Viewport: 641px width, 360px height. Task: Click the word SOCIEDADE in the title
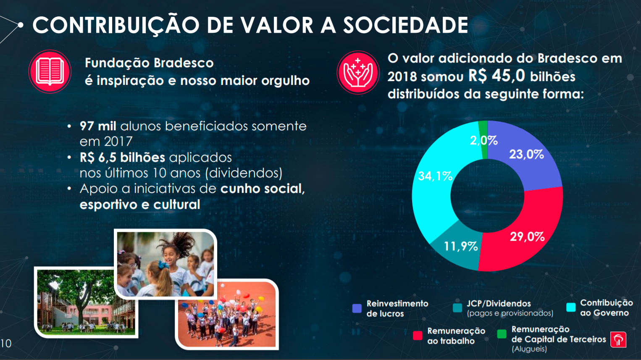405,25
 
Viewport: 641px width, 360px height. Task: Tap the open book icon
50,71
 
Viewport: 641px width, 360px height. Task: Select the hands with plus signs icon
358,73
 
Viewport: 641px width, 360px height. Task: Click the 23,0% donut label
526,155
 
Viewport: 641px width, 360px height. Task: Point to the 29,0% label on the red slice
527,236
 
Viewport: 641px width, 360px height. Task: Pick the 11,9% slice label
461,246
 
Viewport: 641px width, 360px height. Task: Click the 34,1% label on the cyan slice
435,176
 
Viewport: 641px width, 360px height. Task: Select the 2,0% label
483,140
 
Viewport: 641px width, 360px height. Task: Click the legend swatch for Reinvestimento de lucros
357,308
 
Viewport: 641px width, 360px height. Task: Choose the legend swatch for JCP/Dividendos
457,307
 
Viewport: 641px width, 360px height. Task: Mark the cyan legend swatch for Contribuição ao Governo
571,307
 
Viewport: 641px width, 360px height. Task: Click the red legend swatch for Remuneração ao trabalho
418,335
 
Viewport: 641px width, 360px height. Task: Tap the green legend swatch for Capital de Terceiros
502,334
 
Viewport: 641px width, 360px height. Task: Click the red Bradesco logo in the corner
618,339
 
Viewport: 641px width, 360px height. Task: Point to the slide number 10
6,343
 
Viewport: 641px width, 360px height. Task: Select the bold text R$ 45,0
497,76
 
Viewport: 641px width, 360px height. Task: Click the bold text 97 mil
98,126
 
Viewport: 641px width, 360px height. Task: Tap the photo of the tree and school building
86,302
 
